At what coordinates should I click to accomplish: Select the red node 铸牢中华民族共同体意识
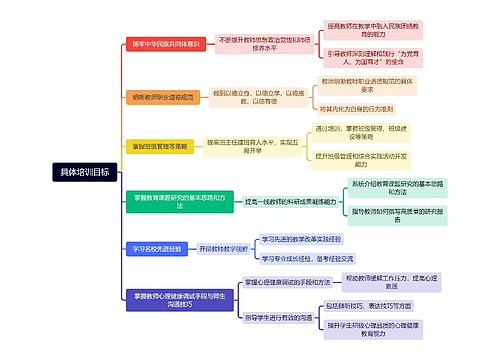pyautogui.click(x=167, y=44)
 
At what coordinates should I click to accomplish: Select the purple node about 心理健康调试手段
pyautogui.click(x=168, y=297)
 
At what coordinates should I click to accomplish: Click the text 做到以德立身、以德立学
pyautogui.click(x=254, y=96)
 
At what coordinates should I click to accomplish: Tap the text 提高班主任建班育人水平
pyautogui.click(x=253, y=146)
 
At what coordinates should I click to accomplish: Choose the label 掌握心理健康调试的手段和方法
pyautogui.click(x=282, y=284)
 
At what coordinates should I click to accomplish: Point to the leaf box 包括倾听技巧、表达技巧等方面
pyautogui.click(x=384, y=305)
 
